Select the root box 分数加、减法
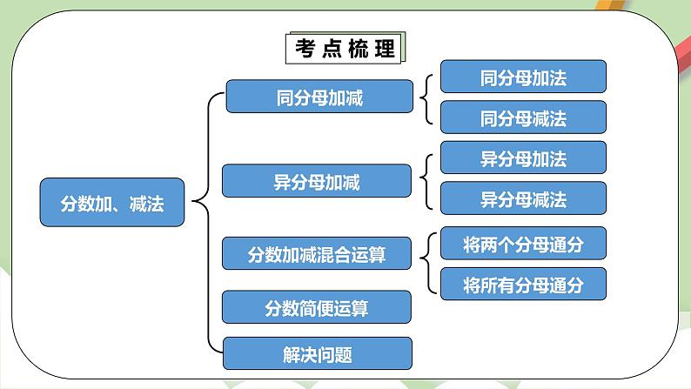coord(112,203)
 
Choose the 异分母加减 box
coord(316,182)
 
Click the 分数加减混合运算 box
coord(317,255)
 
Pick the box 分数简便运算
coord(317,306)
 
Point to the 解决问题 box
coord(317,353)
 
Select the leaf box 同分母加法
coord(523,77)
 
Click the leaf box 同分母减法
coord(523,117)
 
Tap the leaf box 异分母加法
coord(523,158)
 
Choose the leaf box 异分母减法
coord(523,198)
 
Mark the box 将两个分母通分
coord(523,245)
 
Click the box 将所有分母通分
coord(523,284)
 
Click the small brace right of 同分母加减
coord(426,97)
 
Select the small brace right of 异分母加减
coord(426,180)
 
